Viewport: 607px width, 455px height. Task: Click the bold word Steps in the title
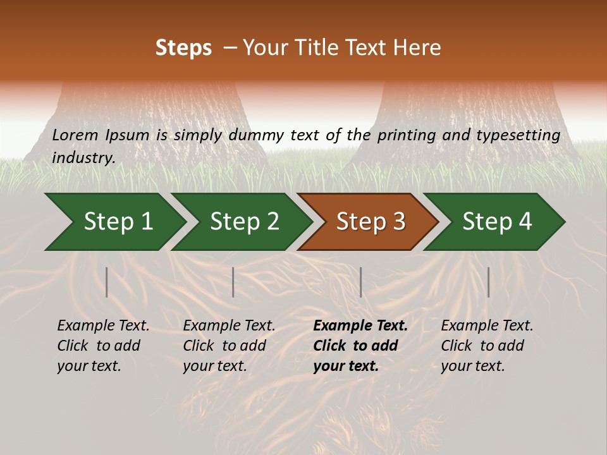coord(183,48)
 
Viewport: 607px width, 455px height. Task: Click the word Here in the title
coord(416,48)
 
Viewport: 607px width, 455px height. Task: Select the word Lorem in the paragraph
coord(74,135)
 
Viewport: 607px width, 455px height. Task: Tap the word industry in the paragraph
coord(83,158)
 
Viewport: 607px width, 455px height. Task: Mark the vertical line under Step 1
coord(107,282)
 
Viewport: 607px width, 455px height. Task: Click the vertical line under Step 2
coord(233,282)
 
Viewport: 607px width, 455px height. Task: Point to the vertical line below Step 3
coord(360,282)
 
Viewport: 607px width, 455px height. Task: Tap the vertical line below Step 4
coord(489,282)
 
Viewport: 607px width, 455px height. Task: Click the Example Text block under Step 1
coord(103,346)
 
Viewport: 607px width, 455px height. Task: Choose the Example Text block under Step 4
coord(487,346)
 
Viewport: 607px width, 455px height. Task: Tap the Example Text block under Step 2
coord(229,346)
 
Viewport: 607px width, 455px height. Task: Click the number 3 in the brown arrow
coord(398,222)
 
